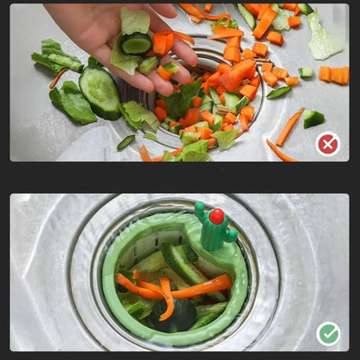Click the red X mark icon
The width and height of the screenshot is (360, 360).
(x=328, y=144)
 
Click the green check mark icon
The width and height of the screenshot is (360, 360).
(x=328, y=333)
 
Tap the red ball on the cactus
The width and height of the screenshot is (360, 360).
(x=216, y=215)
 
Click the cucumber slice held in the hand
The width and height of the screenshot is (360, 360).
(x=137, y=42)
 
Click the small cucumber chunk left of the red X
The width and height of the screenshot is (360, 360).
(x=313, y=119)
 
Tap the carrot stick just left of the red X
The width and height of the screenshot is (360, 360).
(x=289, y=127)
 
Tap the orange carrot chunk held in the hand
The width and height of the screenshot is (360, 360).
(x=162, y=43)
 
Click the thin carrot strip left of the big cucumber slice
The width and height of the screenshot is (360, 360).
(x=57, y=79)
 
